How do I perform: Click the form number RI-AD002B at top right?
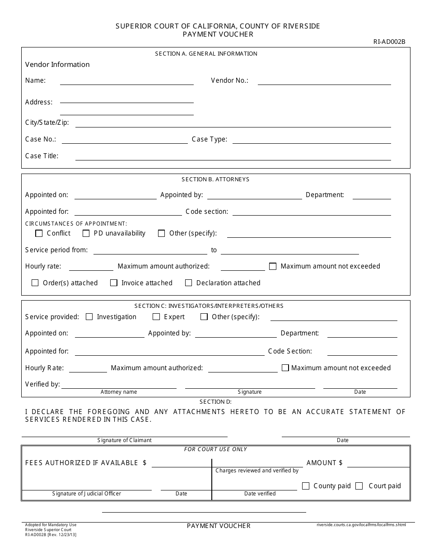click(389, 42)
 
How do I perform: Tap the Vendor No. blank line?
click(324, 82)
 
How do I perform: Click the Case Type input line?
click(311, 141)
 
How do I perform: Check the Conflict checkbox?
click(39, 234)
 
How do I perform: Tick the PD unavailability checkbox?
click(86, 234)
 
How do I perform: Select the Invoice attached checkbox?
click(113, 283)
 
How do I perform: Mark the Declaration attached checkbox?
click(189, 283)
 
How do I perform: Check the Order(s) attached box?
click(35, 283)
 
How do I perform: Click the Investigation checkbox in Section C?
click(89, 317)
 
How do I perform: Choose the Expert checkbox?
click(156, 317)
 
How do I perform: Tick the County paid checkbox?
click(306, 486)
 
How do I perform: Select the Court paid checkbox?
click(359, 486)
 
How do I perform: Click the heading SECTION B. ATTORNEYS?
click(215, 179)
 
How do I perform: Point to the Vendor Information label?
click(57, 65)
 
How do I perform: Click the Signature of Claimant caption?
click(124, 440)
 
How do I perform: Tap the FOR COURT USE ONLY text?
click(215, 449)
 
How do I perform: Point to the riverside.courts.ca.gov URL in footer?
click(361, 525)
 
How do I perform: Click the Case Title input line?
click(233, 157)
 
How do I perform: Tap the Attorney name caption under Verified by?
click(119, 392)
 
